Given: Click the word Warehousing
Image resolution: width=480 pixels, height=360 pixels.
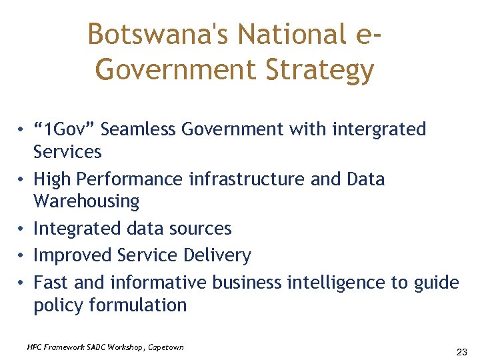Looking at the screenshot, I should point(86,201).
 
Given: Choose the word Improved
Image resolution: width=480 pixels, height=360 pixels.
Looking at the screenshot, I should point(73,255).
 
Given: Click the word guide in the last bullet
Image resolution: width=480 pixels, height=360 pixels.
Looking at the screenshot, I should point(436,283).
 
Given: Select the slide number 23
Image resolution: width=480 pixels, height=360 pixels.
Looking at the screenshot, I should point(461,351).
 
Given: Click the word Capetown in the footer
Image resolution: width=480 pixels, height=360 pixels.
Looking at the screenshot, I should point(166,347).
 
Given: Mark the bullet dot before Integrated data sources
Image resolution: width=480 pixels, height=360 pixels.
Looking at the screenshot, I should point(22,229).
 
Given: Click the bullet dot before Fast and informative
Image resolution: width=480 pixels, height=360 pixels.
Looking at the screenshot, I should point(22,283).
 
